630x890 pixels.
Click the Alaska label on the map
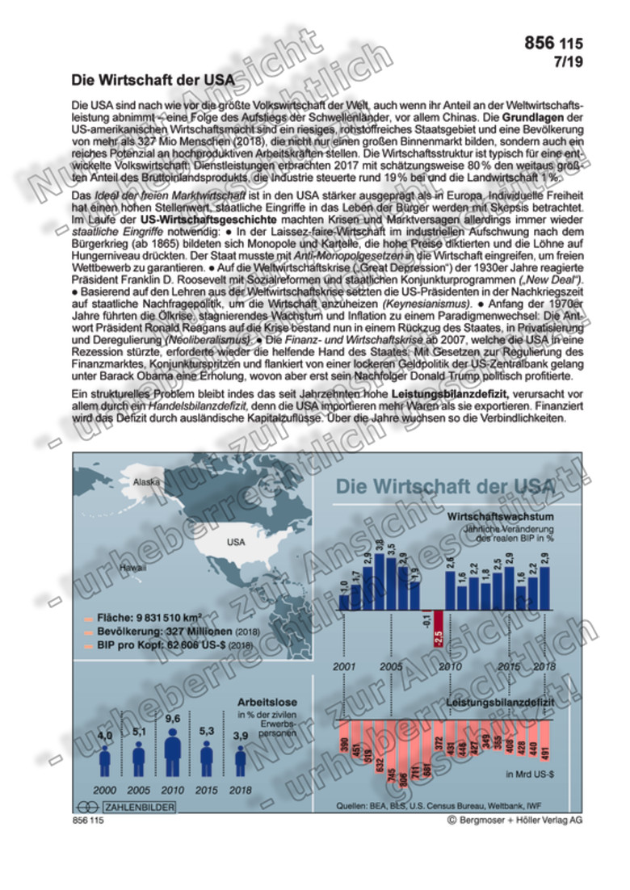[x=148, y=482]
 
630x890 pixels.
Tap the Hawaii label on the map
[x=132, y=568]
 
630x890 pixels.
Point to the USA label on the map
[x=236, y=542]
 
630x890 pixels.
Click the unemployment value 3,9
[x=241, y=736]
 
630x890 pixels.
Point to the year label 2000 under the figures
[x=105, y=789]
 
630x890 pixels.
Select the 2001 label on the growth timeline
[x=344, y=667]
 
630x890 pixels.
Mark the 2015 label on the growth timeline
[x=509, y=667]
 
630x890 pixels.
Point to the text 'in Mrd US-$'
[x=529, y=775]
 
